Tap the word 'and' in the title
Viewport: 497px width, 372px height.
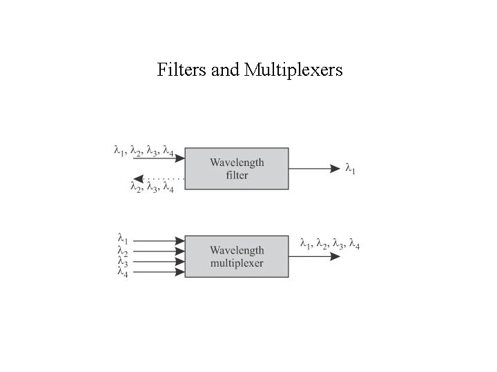[x=222, y=70]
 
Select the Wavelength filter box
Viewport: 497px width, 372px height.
[x=237, y=168]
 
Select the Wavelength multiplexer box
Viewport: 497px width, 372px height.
[x=237, y=256]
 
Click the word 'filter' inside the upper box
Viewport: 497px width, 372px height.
[x=237, y=175]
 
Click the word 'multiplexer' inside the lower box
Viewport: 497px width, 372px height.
[x=237, y=263]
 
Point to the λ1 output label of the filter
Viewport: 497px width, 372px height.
[x=351, y=168]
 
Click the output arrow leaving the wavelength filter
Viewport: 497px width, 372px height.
[x=314, y=168]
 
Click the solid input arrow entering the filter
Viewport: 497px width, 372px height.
[x=159, y=158]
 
